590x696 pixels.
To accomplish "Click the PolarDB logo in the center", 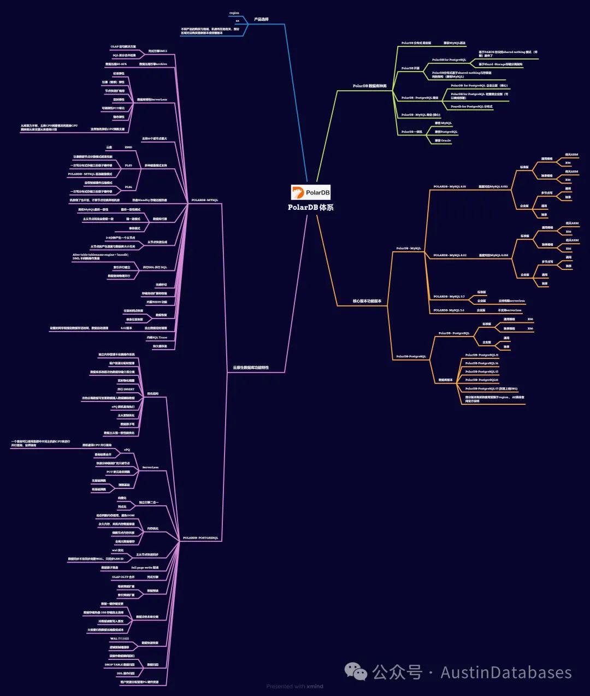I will pos(311,192).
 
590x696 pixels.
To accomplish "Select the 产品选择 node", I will pos(261,20).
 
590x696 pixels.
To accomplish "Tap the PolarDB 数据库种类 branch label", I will pos(369,86).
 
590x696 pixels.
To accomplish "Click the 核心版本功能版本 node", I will pos(367,301).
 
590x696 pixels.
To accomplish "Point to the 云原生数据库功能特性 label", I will pos(251,368).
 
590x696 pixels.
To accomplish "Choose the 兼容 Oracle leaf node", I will pos(442,140).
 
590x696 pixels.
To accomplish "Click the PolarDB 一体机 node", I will pos(411,132).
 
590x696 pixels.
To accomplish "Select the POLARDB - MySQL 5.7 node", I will pos(449,297).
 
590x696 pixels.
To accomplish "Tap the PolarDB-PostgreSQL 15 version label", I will pos(481,371).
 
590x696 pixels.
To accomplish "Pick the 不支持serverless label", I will pos(509,310).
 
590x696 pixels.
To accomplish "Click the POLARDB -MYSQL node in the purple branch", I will pos(204,200).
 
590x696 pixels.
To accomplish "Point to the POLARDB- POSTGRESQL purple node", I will pos(200,538).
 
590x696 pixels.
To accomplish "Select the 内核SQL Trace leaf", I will pos(156,338).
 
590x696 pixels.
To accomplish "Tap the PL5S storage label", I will pos(128,165).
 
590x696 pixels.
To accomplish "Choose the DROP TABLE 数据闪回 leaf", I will pos(120,665).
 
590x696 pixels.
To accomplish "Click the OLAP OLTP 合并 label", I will pos(123,577).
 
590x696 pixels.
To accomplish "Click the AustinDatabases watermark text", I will pos(506,673).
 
